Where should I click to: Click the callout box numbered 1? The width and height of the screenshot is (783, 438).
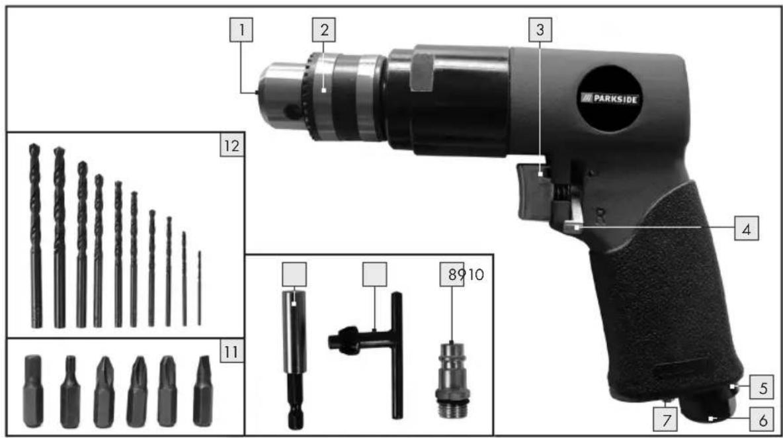pos(241,30)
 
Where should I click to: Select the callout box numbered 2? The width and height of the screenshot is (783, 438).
pos(324,30)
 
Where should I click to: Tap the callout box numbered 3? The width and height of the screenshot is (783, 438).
pos(540,30)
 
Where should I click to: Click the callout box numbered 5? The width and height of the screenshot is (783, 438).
pos(762,388)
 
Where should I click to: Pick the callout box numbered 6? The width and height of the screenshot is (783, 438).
pos(762,420)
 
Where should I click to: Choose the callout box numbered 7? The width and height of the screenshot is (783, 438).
pos(666,420)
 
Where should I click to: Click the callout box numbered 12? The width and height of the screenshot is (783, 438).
pos(231,146)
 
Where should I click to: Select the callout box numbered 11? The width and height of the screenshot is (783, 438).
pos(231,352)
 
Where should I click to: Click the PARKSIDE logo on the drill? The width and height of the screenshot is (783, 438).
pos(609,99)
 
